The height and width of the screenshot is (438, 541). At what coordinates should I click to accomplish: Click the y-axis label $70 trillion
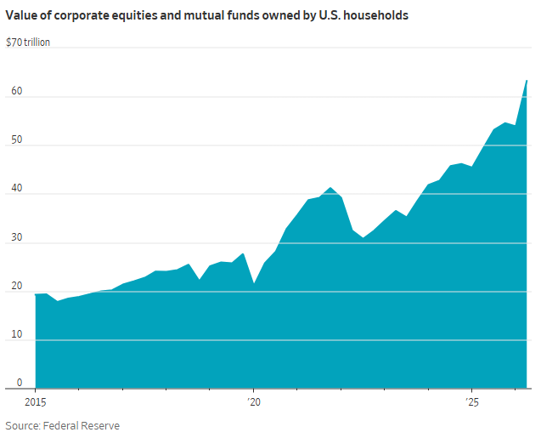click(28, 43)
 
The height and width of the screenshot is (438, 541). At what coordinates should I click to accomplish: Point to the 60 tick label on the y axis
click(17, 91)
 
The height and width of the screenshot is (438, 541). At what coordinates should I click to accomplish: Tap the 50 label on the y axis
click(17, 139)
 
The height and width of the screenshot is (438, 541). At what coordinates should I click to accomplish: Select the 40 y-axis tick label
click(17, 188)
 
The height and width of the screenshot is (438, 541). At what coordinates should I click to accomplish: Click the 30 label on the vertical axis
click(17, 237)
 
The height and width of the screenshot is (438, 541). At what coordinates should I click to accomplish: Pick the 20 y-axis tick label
click(17, 286)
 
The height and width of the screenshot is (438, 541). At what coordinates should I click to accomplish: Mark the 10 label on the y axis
click(17, 334)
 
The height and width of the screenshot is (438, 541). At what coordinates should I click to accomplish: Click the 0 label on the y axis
click(20, 383)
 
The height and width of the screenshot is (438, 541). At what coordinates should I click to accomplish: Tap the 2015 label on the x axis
click(35, 402)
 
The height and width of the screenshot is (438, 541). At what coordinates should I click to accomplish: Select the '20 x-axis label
click(254, 402)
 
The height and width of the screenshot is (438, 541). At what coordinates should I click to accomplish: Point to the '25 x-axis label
click(472, 402)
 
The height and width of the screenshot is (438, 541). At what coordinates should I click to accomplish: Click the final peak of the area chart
click(527, 81)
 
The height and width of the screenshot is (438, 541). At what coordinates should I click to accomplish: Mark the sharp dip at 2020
click(254, 283)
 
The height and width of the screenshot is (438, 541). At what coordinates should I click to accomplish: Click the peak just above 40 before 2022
click(330, 187)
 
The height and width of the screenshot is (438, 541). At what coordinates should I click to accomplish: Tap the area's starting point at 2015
click(36, 294)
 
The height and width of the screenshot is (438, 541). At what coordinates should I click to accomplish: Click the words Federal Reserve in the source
click(82, 425)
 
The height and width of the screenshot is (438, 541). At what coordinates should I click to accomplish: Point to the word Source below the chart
click(23, 425)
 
